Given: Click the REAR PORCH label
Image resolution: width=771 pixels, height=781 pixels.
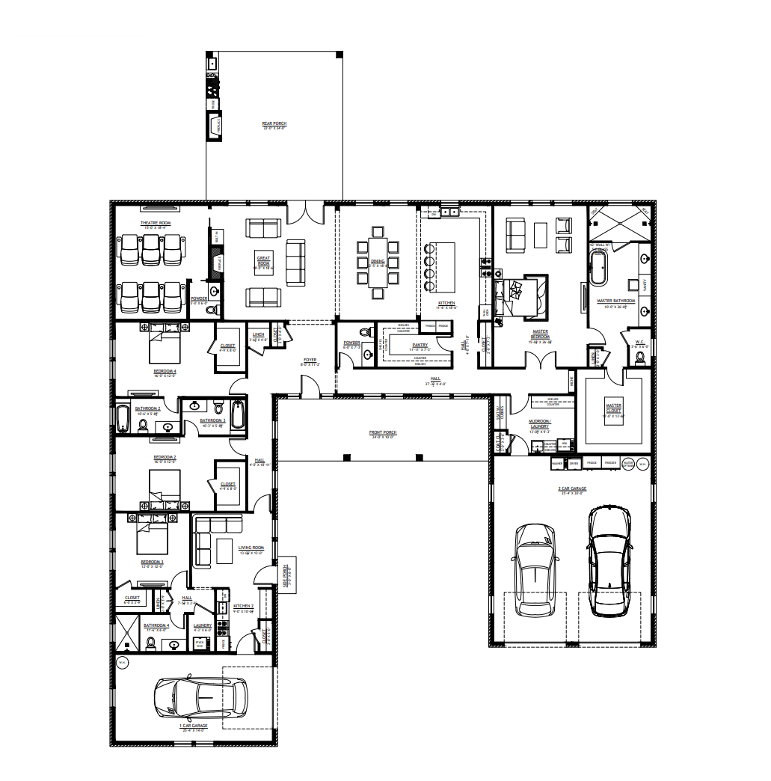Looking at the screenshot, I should point(274,124).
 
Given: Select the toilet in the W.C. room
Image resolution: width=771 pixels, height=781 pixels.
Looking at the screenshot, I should point(639,358).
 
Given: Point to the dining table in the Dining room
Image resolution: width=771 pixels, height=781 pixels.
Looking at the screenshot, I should point(378,263).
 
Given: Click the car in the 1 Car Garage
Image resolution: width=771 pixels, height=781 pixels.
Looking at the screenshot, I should point(200,697).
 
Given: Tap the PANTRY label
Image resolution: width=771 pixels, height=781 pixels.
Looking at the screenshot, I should point(420,346).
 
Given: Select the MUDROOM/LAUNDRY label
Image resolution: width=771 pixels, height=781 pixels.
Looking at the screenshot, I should point(539,427).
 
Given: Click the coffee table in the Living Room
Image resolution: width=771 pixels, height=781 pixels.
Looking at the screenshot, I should point(224,551).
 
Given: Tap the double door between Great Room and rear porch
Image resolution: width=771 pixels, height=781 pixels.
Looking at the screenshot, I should point(305,212).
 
